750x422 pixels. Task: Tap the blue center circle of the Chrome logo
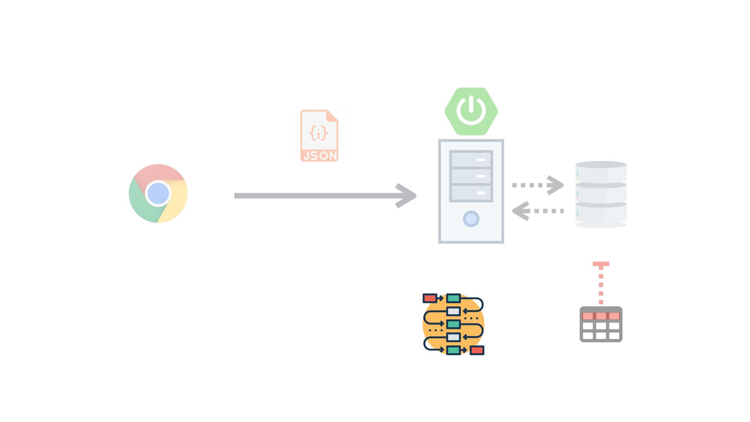158,193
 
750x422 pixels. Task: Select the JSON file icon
319,136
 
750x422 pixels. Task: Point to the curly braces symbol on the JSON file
318,133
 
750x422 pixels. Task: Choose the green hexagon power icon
471,111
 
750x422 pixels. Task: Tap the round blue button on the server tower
471,219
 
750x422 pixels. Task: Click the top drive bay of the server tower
471,159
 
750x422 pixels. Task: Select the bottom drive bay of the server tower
471,193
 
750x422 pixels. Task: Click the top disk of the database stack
601,172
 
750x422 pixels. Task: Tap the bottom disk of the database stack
601,213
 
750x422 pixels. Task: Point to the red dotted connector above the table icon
601,283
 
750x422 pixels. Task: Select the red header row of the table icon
601,316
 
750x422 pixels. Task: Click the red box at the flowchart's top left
430,299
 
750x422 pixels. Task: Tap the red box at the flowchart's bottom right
477,350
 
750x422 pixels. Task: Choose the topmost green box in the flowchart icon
453,299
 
